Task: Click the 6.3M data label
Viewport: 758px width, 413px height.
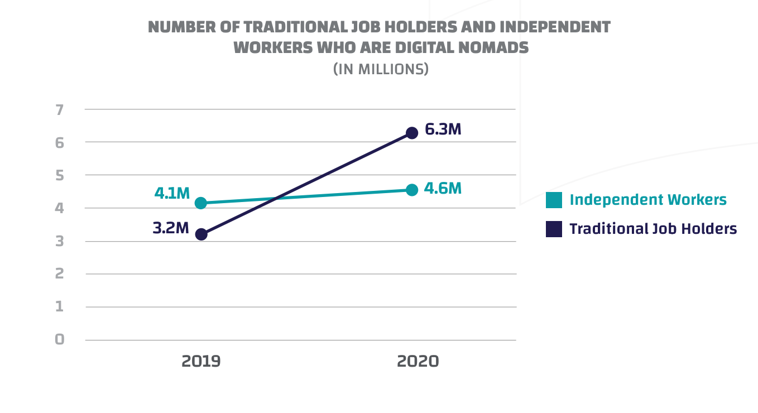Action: (x=443, y=129)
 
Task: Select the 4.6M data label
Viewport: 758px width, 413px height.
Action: (x=443, y=189)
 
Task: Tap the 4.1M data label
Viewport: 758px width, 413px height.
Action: (x=172, y=194)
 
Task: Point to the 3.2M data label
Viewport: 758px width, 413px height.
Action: (x=171, y=228)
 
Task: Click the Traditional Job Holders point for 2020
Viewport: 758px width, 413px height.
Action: (x=412, y=133)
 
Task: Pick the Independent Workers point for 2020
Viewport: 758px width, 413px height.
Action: (x=412, y=190)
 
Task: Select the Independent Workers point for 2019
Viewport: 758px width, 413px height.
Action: (x=201, y=203)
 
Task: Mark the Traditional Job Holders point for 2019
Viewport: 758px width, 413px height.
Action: (x=201, y=234)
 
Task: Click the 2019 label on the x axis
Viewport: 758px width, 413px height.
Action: (x=201, y=361)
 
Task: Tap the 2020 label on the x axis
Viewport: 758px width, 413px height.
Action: (x=418, y=361)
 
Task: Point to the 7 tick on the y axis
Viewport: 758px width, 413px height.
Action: (x=60, y=109)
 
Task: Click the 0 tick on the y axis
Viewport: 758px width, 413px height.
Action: (x=60, y=339)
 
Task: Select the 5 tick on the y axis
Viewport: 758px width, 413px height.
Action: (x=60, y=175)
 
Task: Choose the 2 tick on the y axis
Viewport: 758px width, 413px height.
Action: (x=60, y=273)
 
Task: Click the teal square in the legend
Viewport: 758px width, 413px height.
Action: (x=554, y=200)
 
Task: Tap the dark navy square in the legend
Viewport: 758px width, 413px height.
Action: (x=554, y=229)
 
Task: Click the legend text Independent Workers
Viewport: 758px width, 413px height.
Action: (x=648, y=200)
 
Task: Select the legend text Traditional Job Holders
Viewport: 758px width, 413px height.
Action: (x=653, y=229)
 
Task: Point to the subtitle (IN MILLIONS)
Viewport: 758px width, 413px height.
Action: (x=381, y=69)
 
